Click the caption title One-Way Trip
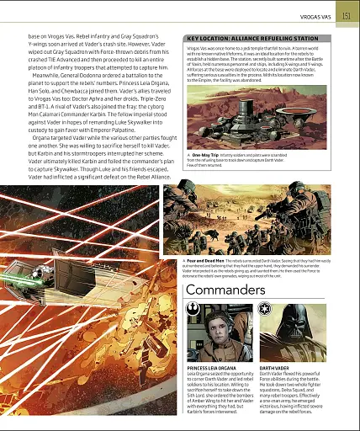[207, 178]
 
